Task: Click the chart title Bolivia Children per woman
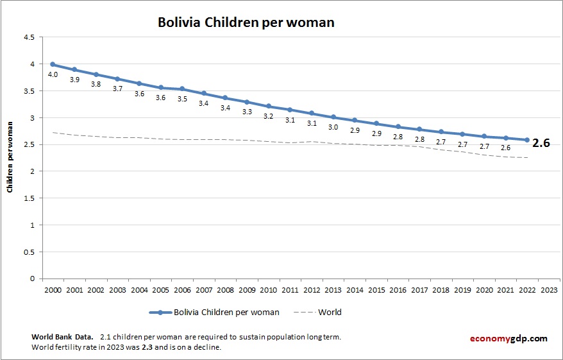246,22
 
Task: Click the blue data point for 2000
53,64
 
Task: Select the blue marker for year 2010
269,106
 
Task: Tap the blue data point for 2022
527,140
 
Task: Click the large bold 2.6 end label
542,143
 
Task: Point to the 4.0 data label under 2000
53,75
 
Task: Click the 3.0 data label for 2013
333,128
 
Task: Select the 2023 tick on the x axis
549,289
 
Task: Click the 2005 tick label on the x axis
160,289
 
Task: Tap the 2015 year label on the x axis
376,289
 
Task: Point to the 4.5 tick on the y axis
29,37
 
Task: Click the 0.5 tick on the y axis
29,252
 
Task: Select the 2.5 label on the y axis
29,145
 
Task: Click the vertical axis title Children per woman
10,158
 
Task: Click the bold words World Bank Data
62,337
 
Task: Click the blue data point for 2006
182,89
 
